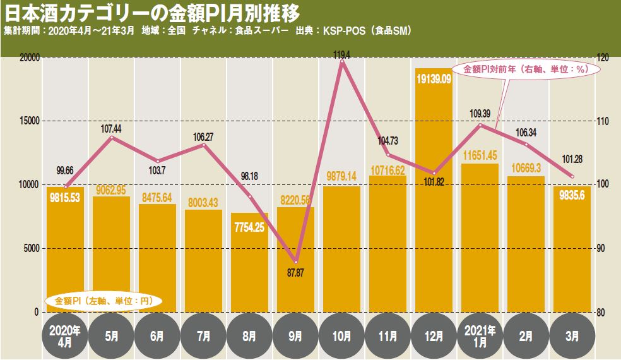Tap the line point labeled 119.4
tap(342, 62)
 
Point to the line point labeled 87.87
tap(296, 261)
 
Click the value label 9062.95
tap(112, 189)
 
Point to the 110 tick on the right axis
tap(603, 121)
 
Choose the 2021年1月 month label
tap(480, 335)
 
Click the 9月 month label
tap(296, 335)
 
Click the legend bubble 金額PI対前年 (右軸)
tap(525, 69)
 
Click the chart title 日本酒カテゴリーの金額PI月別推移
tap(151, 13)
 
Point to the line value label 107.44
tap(111, 128)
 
